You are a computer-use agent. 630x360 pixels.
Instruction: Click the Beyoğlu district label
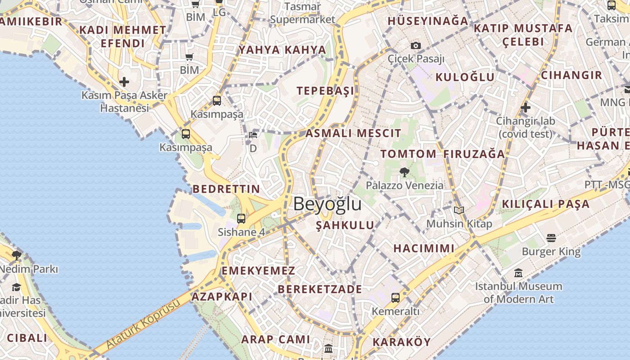(327, 204)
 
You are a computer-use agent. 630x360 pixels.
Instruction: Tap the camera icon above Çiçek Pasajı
(416, 45)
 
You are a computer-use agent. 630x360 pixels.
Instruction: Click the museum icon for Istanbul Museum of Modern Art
(518, 273)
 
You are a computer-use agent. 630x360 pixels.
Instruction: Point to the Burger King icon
(551, 238)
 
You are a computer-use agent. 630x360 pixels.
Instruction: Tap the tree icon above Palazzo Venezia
(404, 172)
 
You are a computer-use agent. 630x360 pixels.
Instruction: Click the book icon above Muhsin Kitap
(459, 210)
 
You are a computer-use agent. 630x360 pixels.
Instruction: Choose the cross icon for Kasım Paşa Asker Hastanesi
(124, 82)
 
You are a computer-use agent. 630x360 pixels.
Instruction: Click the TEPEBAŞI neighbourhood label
(325, 91)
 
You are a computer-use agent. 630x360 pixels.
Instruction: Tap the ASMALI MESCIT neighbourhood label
(353, 133)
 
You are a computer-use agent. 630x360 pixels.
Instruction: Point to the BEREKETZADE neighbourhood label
(319, 289)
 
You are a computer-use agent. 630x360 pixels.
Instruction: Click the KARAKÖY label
(402, 342)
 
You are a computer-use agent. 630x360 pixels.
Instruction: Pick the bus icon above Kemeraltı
(396, 297)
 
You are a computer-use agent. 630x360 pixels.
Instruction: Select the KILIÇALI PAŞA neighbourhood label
(545, 204)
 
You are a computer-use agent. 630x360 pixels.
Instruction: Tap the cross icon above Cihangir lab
(525, 108)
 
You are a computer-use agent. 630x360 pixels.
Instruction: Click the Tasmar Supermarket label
(302, 13)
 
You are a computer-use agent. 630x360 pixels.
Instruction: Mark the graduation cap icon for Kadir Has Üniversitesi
(17, 287)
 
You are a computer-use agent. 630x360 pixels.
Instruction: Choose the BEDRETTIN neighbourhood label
(226, 189)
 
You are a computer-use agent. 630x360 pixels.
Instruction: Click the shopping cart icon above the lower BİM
(189, 57)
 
